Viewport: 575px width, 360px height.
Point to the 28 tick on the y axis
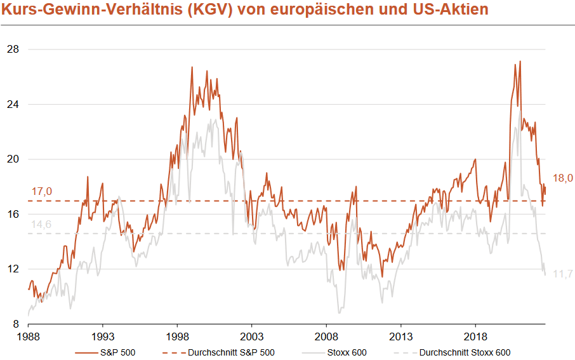(12, 50)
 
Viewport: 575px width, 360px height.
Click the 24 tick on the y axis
(12, 104)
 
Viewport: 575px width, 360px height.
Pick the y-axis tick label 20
(12, 159)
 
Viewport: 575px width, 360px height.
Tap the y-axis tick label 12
(12, 269)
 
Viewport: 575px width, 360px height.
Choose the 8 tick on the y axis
(15, 324)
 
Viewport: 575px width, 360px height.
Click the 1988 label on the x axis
(29, 336)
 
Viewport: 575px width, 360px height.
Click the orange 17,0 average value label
(41, 191)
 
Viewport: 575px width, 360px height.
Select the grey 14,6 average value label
(41, 224)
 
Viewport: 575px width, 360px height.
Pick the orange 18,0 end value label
(562, 178)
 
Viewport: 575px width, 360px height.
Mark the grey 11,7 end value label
(562, 274)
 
